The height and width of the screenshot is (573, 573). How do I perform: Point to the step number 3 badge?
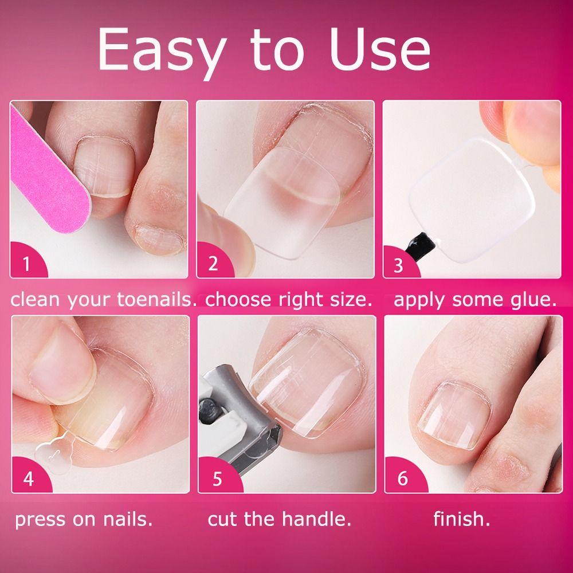tap(399, 265)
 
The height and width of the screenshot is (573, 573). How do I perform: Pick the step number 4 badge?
tap(28, 478)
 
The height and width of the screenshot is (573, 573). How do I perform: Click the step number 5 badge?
tap(216, 478)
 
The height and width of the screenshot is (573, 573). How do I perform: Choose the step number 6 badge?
tap(402, 478)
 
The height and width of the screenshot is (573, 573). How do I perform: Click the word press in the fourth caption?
tap(38, 520)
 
